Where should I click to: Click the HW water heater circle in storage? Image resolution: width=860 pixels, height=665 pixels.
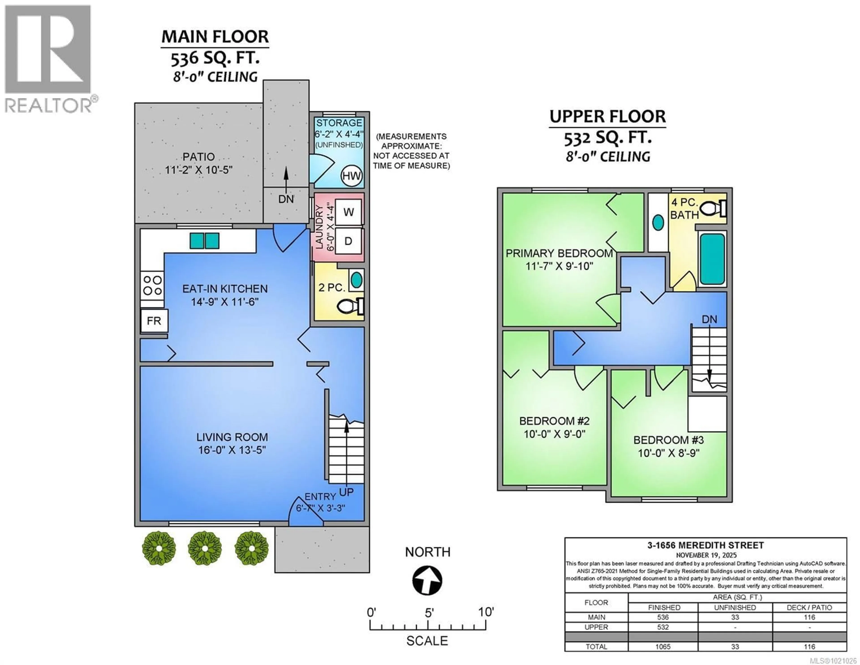(x=351, y=176)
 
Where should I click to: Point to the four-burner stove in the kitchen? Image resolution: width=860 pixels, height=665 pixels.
(x=152, y=285)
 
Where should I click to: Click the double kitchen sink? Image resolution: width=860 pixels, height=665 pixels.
(x=204, y=240)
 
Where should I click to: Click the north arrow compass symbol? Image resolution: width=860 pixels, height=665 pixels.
(x=427, y=581)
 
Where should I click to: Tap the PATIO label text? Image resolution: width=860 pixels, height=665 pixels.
(x=198, y=157)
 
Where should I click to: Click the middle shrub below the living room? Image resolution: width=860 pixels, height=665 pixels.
(x=204, y=548)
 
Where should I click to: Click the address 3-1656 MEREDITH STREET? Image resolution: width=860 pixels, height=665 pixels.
(x=706, y=546)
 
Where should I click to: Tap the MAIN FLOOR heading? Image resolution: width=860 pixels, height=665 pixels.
(x=215, y=37)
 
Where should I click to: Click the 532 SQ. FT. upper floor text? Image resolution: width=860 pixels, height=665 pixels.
(x=608, y=138)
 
